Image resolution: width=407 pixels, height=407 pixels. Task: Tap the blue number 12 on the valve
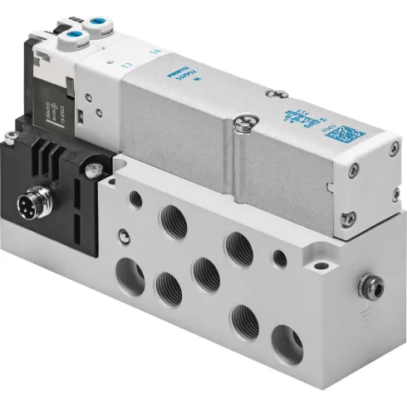coord(127,65)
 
